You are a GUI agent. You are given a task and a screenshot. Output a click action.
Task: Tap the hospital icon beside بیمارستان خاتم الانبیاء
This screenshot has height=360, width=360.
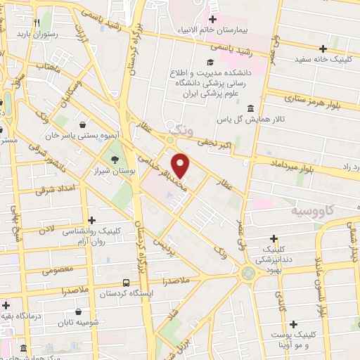[x=211, y=19]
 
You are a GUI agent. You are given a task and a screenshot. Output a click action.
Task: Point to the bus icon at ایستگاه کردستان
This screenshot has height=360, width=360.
[x=125, y=282]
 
